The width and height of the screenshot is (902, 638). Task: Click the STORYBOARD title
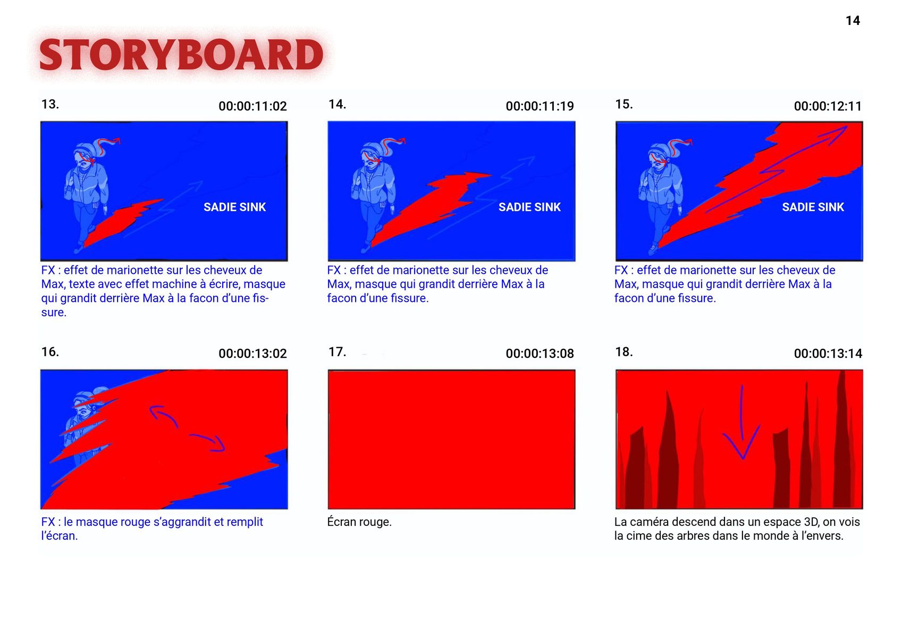(x=181, y=55)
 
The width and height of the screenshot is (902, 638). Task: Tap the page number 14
(x=853, y=21)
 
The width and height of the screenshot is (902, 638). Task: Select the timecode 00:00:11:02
(x=253, y=106)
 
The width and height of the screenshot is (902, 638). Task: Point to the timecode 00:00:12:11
(x=828, y=106)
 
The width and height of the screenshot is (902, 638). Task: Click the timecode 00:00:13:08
(x=540, y=354)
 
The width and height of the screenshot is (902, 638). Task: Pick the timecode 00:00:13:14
(x=828, y=354)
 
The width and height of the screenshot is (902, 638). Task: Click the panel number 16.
(x=50, y=352)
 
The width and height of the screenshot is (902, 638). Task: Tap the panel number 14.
(x=338, y=104)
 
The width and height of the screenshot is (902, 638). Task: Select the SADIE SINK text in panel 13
(x=235, y=207)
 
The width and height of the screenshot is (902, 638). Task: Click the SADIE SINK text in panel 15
(x=813, y=207)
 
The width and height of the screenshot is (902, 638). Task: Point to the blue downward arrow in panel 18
(x=741, y=423)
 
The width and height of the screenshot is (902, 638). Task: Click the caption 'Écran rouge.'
(x=359, y=522)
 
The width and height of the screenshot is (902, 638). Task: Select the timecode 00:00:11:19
(x=540, y=106)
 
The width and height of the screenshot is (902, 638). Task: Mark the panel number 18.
(x=624, y=352)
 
